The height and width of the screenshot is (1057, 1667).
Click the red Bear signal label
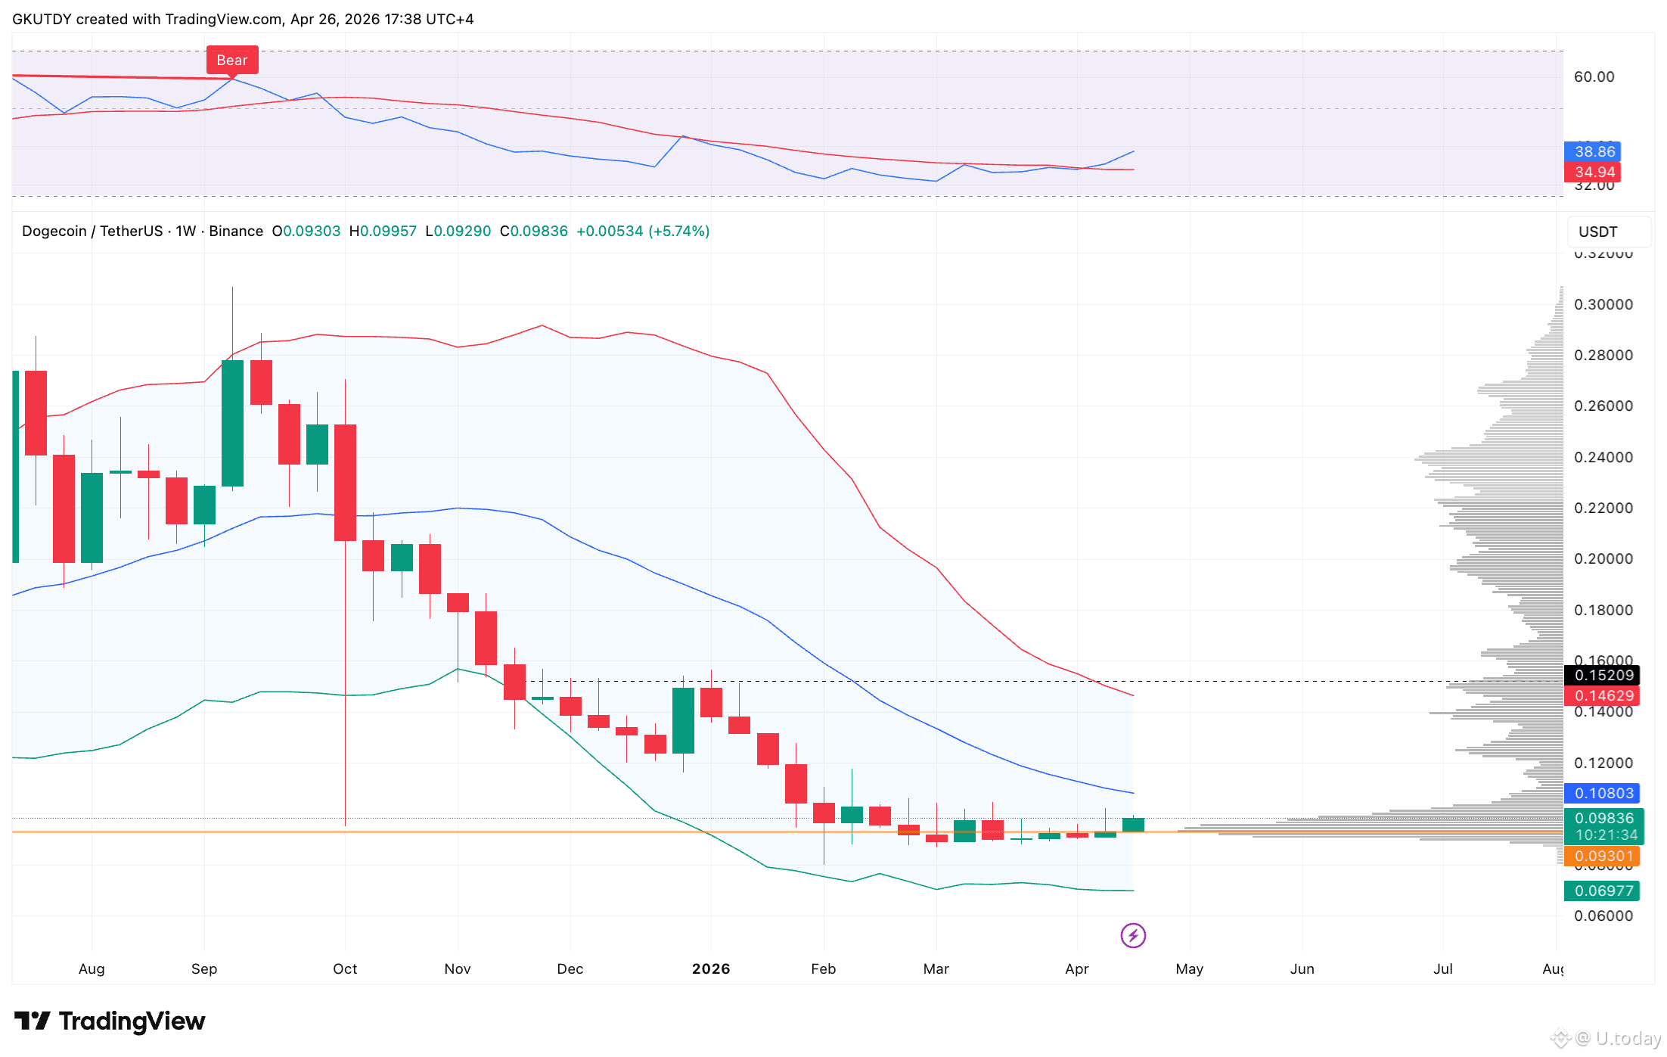pos(232,61)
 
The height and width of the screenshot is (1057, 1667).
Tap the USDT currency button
pos(1597,232)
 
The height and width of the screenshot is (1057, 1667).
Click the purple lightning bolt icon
pos(1133,936)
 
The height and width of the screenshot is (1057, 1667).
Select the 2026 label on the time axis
pos(711,968)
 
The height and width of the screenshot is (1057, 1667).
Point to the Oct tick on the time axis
pos(345,968)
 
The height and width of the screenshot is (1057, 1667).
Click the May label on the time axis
pos(1189,968)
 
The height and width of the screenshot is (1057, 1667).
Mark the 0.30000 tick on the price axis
pos(1603,304)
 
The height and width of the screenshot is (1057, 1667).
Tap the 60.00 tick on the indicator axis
pos(1594,76)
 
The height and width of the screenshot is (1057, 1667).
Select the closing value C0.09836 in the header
pos(534,231)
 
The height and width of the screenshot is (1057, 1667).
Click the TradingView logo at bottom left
pos(110,1021)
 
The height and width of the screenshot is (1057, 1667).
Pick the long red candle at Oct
pos(346,483)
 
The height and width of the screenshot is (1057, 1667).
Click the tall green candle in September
pos(233,424)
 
